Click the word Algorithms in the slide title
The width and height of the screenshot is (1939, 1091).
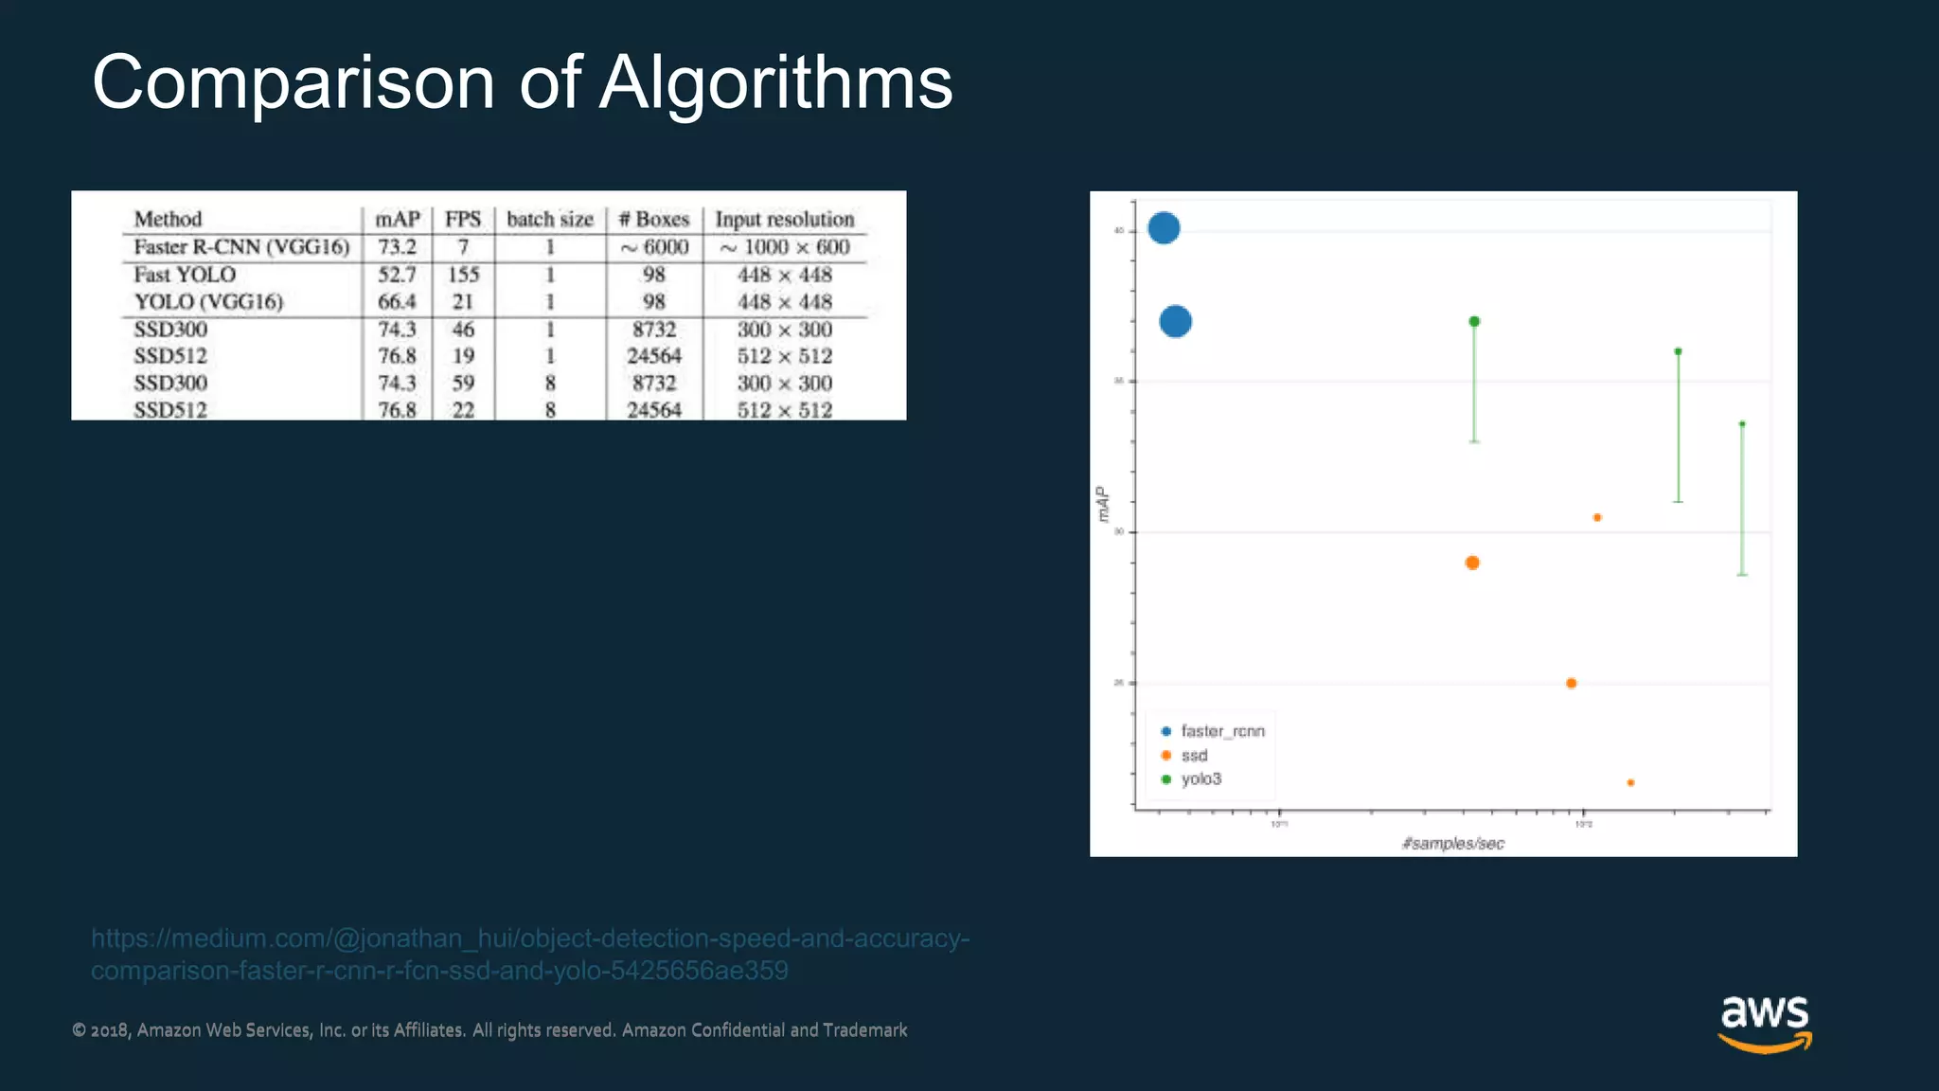(775, 83)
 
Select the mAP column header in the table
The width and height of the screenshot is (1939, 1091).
(398, 219)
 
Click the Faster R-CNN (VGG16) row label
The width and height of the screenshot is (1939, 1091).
(241, 247)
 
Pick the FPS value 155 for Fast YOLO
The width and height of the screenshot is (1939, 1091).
(463, 275)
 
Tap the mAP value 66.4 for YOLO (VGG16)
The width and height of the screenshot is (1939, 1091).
(397, 302)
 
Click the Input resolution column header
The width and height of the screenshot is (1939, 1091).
(784, 219)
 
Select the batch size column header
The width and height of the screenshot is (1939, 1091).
(549, 219)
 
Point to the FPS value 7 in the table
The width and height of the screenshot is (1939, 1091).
(463, 247)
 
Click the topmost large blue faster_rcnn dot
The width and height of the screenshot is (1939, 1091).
(1164, 227)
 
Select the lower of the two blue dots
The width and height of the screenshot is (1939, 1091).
(1175, 321)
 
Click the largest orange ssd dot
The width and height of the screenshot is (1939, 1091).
(1472, 563)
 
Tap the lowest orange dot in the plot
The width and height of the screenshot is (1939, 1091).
(1630, 782)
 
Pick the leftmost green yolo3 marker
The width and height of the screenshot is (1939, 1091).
(1474, 322)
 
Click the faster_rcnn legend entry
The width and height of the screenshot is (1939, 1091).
(1221, 731)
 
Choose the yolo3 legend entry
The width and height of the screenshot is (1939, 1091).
(1201, 778)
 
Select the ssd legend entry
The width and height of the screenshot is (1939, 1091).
(1194, 755)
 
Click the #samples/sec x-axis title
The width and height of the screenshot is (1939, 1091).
(1452, 843)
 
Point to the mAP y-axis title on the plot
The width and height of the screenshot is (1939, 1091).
(1101, 504)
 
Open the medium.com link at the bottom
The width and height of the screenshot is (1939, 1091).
(530, 954)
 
